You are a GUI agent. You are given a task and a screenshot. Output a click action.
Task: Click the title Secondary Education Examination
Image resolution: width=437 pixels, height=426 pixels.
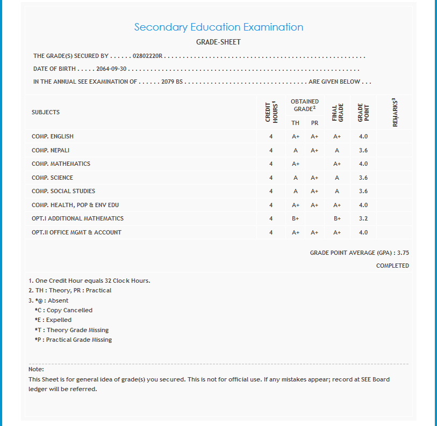[218, 27]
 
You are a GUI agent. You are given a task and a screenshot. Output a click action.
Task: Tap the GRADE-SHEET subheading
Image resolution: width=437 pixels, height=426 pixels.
[218, 42]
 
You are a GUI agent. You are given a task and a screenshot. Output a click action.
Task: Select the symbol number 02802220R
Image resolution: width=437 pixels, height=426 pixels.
[148, 56]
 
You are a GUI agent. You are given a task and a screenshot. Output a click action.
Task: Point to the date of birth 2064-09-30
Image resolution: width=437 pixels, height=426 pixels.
[112, 69]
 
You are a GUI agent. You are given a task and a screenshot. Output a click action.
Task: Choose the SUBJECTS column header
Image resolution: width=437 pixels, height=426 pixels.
[46, 112]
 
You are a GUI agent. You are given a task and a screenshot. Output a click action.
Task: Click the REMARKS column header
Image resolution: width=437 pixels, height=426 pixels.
[395, 112]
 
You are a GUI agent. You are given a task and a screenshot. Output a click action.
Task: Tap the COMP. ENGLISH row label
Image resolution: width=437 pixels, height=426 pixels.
[53, 137]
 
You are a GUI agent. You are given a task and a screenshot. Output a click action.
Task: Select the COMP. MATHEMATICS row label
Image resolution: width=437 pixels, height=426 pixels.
[61, 164]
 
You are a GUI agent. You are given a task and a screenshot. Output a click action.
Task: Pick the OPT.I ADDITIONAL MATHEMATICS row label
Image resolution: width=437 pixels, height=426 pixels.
[77, 219]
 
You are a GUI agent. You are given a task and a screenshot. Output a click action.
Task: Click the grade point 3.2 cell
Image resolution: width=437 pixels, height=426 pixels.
[363, 219]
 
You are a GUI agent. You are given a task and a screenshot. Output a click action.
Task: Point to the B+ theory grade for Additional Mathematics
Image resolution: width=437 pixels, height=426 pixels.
[296, 219]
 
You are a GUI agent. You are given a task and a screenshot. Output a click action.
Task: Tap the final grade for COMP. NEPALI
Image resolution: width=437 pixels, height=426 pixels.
[337, 151]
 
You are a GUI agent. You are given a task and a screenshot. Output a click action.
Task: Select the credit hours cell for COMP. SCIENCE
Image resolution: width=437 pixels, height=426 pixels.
[271, 178]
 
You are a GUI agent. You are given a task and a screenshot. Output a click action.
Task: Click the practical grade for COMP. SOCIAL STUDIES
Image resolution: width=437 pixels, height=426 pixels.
[314, 192]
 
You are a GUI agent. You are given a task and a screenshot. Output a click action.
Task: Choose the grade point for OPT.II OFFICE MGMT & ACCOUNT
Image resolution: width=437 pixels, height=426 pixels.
[363, 233]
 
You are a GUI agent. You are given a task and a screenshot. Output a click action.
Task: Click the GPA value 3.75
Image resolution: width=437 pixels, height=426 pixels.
[403, 253]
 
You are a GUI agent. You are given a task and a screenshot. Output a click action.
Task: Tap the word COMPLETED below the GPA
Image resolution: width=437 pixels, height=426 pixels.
[392, 266]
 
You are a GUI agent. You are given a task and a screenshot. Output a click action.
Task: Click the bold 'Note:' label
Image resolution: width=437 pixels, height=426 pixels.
[36, 369]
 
